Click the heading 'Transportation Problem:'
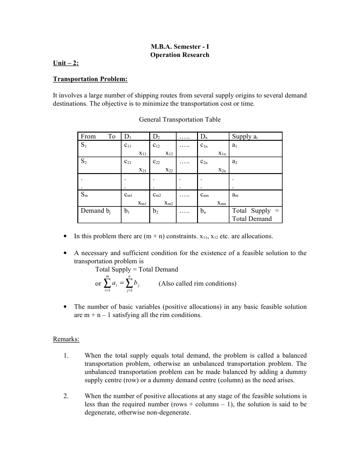pos(90,79)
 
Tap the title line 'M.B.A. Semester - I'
pos(180,46)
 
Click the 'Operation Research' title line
pos(180,55)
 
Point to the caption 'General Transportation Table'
pos(179,119)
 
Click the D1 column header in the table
pos(127,137)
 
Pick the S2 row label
pos(84,161)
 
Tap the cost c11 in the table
pos(127,145)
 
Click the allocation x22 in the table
pos(169,170)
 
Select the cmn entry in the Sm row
pos(204,195)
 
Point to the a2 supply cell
pos(235,162)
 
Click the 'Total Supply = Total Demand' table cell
pos(256,215)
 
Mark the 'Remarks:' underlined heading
pos(66,339)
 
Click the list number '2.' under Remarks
pos(66,396)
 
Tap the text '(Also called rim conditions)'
pos(198,283)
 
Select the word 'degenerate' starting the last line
pos(100,412)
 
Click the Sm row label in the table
pos(85,195)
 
